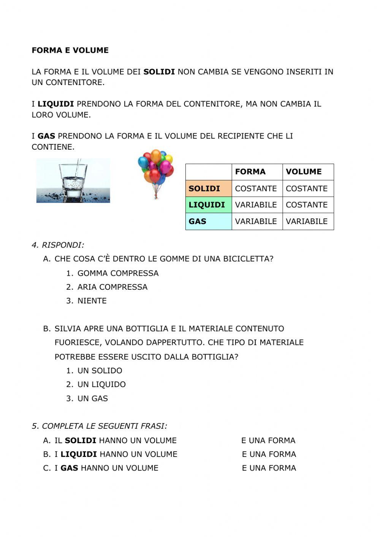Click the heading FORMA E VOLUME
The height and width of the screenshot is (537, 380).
tap(70, 51)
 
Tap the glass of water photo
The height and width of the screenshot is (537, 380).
tap(73, 181)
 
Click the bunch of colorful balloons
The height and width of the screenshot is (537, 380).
tap(155, 173)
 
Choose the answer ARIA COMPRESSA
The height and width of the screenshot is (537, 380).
tap(112, 287)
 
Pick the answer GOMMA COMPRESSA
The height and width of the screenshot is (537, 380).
tap(118, 273)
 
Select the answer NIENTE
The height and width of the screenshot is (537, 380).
tap(92, 301)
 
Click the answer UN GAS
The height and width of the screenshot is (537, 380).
tap(93, 398)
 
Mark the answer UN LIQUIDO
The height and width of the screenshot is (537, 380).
tap(101, 384)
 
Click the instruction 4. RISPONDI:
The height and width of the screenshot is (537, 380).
tap(58, 245)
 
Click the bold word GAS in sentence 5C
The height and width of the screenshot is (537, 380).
tap(69, 468)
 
